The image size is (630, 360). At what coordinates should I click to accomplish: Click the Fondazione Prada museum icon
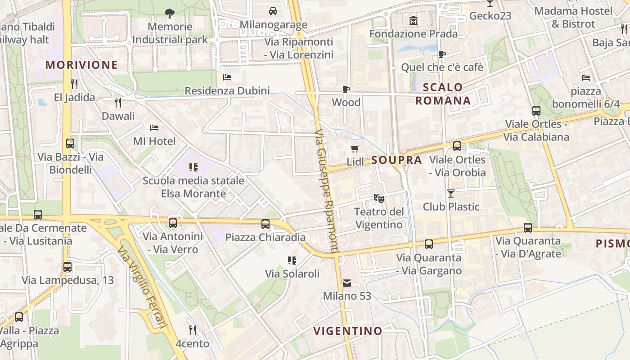[x=413, y=20]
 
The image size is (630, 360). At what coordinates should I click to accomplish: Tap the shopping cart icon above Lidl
[x=355, y=148]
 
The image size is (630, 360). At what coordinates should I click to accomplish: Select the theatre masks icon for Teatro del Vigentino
[x=378, y=198]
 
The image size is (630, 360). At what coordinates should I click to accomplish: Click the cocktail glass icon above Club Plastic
[x=450, y=193]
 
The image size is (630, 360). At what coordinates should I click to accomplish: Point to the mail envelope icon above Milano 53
[x=347, y=283]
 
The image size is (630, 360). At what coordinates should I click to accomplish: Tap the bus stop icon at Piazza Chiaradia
[x=265, y=224]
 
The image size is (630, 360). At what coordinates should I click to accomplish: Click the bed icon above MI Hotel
[x=154, y=128]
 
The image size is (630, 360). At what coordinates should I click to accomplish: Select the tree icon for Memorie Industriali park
[x=170, y=13]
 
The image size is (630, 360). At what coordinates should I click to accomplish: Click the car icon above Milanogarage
[x=273, y=11]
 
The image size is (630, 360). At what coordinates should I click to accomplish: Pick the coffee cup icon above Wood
[x=346, y=89]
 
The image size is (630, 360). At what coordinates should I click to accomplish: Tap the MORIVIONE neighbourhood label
[x=81, y=65]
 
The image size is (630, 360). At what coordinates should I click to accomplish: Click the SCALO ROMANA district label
[x=443, y=94]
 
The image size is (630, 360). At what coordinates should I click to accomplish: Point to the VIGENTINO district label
[x=347, y=331]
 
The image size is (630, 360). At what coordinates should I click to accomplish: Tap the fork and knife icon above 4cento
[x=193, y=330]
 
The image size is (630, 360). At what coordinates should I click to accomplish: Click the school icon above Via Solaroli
[x=292, y=260]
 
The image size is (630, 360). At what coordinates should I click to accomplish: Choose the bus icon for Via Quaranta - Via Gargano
[x=429, y=244]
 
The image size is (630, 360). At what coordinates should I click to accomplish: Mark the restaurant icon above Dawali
[x=118, y=103]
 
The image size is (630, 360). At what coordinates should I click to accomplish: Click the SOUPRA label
[x=396, y=160]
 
